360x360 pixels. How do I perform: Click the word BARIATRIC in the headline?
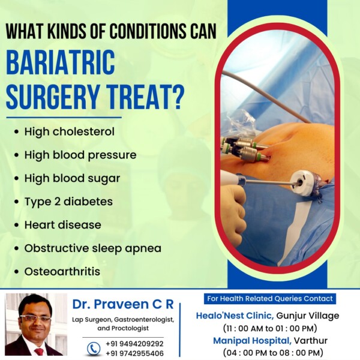pos(60,62)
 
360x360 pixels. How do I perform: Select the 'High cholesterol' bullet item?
pos(70,132)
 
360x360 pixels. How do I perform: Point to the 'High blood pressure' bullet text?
pos(80,155)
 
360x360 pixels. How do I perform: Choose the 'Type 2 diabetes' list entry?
pos(68,202)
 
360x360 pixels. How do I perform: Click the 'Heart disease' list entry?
pos(62,225)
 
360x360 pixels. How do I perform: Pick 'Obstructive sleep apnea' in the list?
pos(93,248)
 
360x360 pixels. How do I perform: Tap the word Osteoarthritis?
pos(62,271)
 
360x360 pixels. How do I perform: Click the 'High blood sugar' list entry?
pos(72,179)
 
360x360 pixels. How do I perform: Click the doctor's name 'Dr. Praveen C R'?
pos(123,304)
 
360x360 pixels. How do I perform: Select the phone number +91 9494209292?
pos(134,344)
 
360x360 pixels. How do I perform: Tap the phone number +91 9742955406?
pos(134,353)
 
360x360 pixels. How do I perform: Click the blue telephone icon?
pos(94,349)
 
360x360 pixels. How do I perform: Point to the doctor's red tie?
pos(39,351)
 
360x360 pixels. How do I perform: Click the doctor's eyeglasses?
pos(35,319)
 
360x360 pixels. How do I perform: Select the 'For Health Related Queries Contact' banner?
pos(270,298)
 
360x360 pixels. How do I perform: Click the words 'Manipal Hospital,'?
pos(253,340)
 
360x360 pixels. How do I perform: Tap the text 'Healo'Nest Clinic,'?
pos(235,316)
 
